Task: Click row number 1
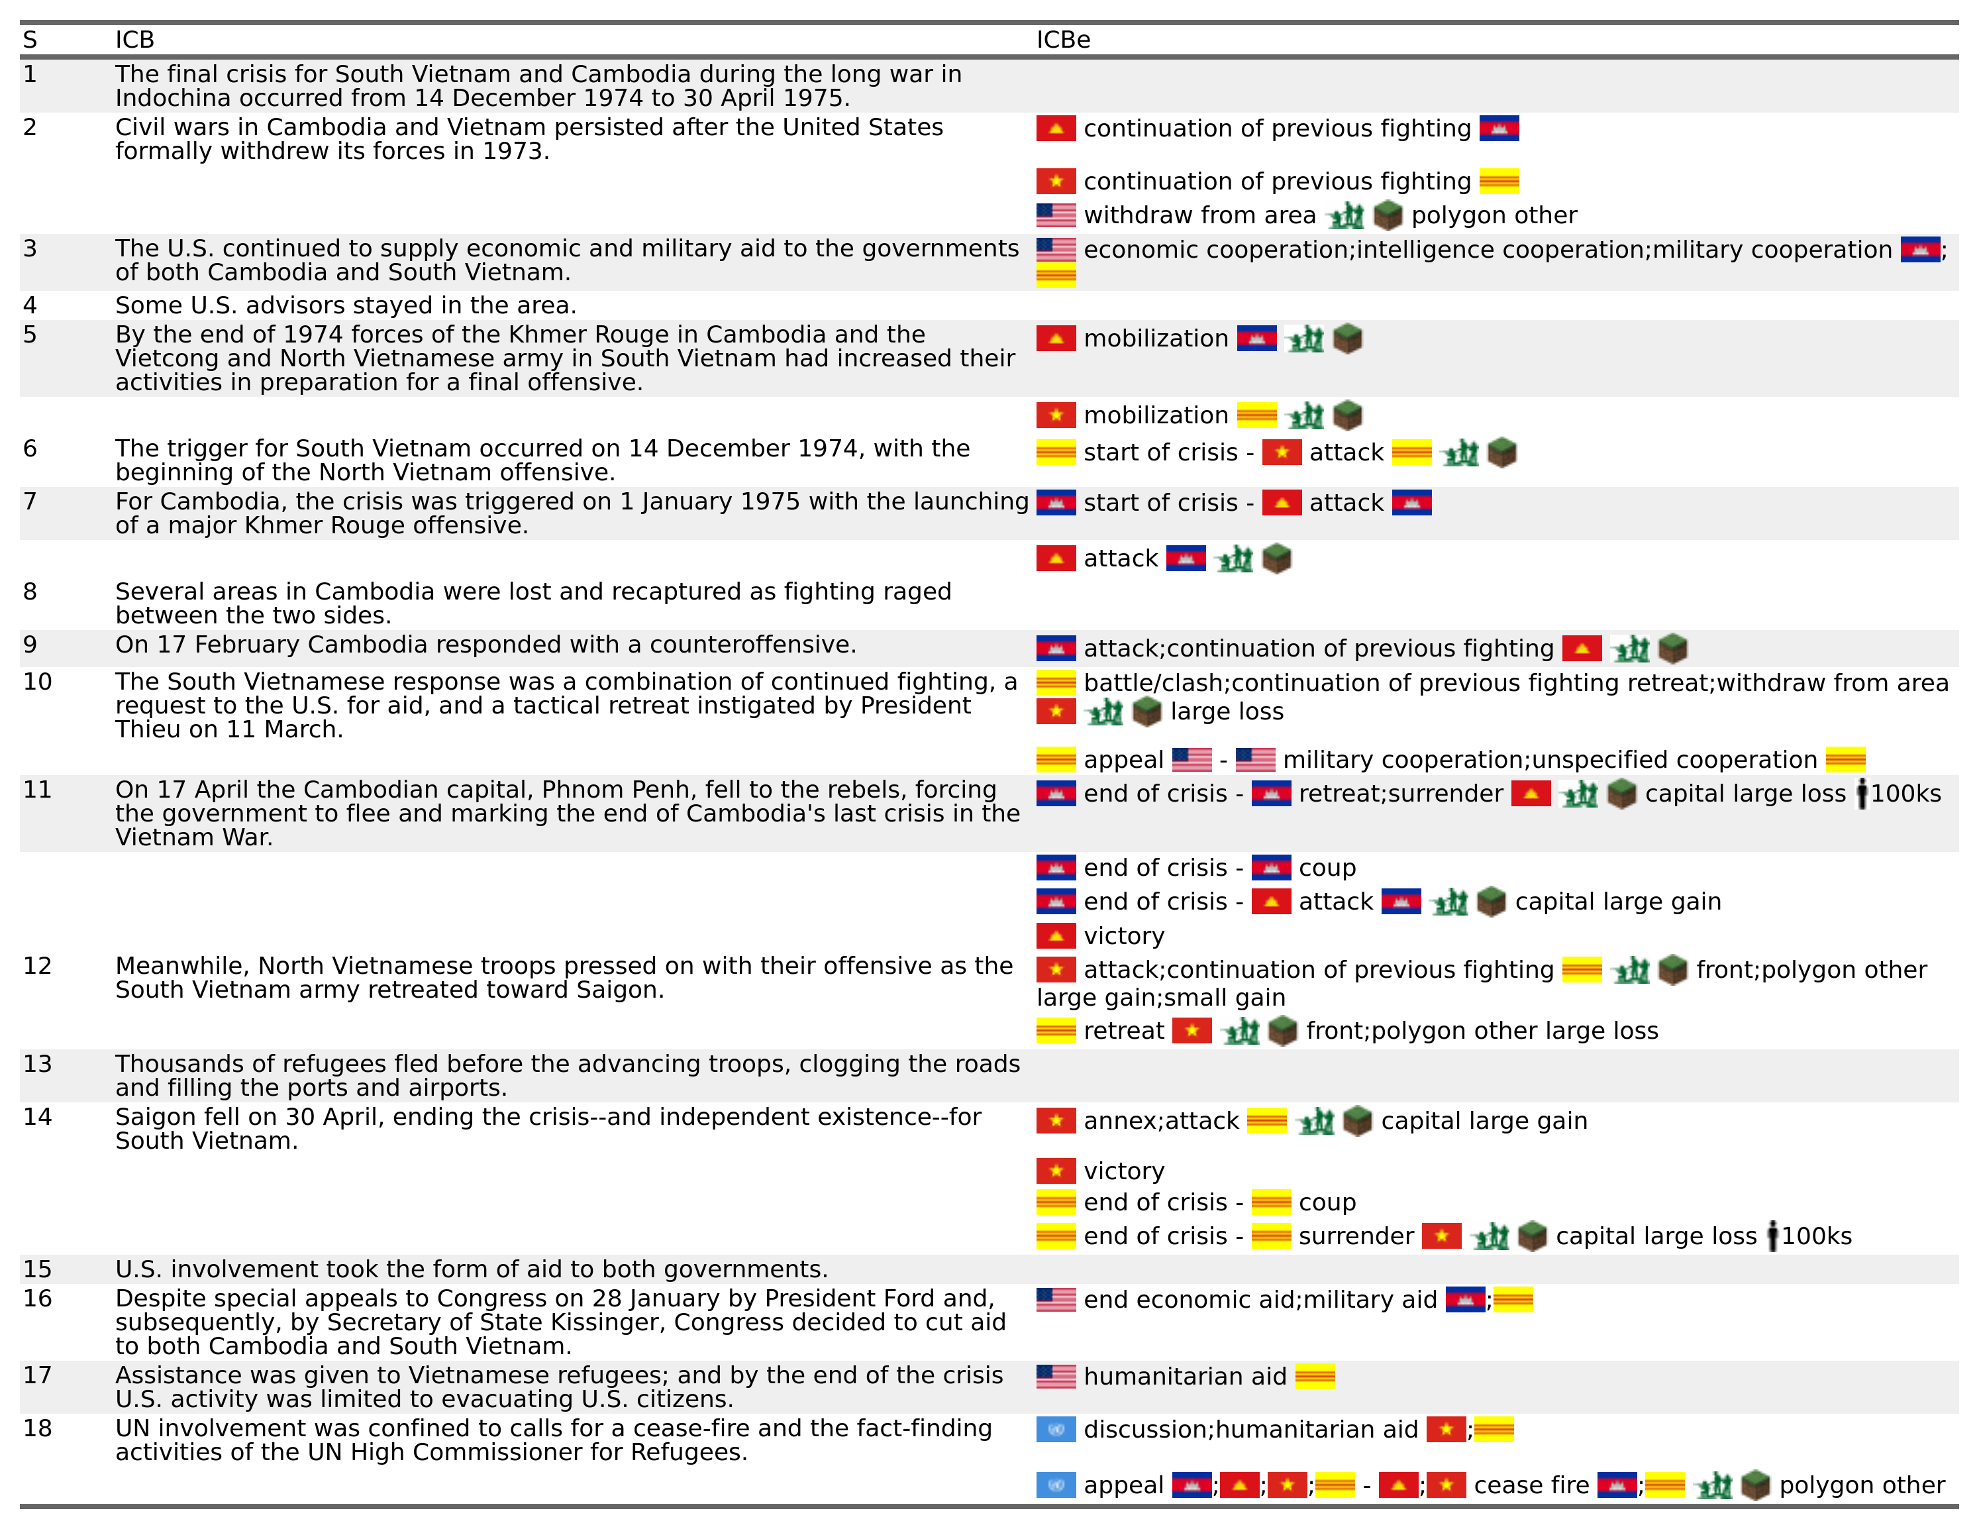[30, 74]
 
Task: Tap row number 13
[37, 1063]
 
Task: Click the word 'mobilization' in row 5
[1155, 339]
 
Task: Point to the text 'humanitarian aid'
[1184, 1377]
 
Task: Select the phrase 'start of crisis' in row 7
[1160, 503]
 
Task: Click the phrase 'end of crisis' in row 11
[1155, 794]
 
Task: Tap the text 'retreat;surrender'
[1400, 794]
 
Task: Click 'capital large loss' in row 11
[1745, 794]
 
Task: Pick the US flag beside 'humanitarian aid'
[1056, 1377]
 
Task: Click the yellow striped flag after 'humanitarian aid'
[1314, 1377]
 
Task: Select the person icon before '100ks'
[1861, 794]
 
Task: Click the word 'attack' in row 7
[1346, 503]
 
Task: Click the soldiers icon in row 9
[1630, 649]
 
